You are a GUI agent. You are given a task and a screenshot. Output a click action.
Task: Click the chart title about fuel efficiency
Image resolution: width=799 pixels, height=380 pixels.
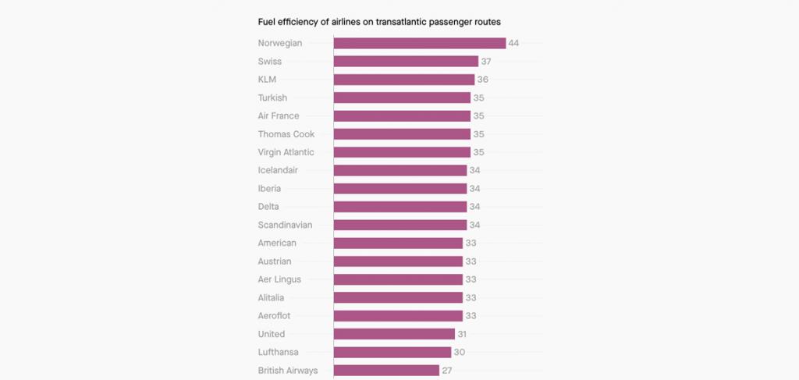click(379, 21)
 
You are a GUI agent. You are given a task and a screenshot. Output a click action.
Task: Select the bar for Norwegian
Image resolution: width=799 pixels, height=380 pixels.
click(420, 43)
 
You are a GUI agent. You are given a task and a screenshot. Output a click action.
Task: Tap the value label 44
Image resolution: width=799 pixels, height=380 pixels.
click(513, 43)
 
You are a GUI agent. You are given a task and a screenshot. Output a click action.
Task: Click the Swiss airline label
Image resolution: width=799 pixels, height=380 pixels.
click(270, 61)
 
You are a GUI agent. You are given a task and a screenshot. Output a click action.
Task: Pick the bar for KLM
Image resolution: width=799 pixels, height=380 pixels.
click(404, 80)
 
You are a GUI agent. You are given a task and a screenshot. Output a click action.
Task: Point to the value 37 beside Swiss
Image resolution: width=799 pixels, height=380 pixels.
click(486, 61)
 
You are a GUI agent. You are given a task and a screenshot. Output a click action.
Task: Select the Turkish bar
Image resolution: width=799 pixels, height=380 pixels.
click(402, 98)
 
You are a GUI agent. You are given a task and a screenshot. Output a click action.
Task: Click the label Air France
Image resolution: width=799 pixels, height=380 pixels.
click(279, 115)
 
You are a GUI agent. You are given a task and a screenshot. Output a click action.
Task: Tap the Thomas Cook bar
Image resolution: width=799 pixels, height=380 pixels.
click(402, 134)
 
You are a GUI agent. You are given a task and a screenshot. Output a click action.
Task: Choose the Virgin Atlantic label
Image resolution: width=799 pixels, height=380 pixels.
click(286, 152)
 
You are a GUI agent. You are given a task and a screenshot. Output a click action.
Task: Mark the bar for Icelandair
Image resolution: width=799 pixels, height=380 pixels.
click(400, 170)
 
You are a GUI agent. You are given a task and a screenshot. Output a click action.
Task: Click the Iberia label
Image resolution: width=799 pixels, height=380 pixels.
click(270, 188)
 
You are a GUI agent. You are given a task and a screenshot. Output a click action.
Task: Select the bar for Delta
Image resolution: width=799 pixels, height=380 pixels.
click(400, 207)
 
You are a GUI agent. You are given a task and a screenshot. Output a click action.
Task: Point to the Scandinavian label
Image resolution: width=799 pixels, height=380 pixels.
click(286, 225)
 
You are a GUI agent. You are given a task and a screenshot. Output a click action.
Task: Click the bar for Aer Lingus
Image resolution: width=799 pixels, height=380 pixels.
click(398, 279)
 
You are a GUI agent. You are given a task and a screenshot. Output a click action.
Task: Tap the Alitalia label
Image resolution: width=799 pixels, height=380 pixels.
click(272, 297)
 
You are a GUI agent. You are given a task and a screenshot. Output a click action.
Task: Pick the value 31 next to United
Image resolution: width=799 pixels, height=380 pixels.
click(463, 334)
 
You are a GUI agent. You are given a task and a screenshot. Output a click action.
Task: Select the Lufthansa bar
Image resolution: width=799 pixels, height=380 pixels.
click(392, 352)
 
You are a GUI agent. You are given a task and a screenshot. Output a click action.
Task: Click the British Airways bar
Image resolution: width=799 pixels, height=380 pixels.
click(386, 371)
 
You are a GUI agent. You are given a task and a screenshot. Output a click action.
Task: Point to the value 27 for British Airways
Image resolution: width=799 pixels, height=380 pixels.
click(447, 371)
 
